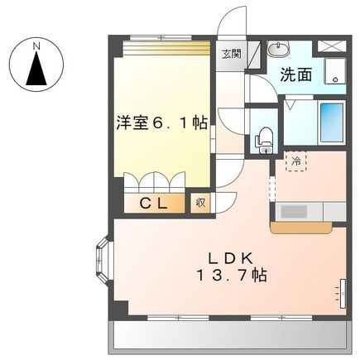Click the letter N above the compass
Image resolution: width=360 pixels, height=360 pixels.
[x=36, y=46]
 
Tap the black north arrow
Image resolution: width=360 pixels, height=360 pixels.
[x=36, y=71]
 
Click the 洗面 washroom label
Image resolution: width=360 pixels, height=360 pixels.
[x=295, y=74]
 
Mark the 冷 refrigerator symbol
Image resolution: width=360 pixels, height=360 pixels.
[x=295, y=161]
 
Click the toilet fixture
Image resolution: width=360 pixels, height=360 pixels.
[x=264, y=141]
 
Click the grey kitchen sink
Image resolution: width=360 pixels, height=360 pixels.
[x=293, y=211]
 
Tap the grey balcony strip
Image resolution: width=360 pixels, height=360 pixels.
[x=228, y=335]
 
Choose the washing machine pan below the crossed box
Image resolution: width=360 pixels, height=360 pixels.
[x=334, y=72]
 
